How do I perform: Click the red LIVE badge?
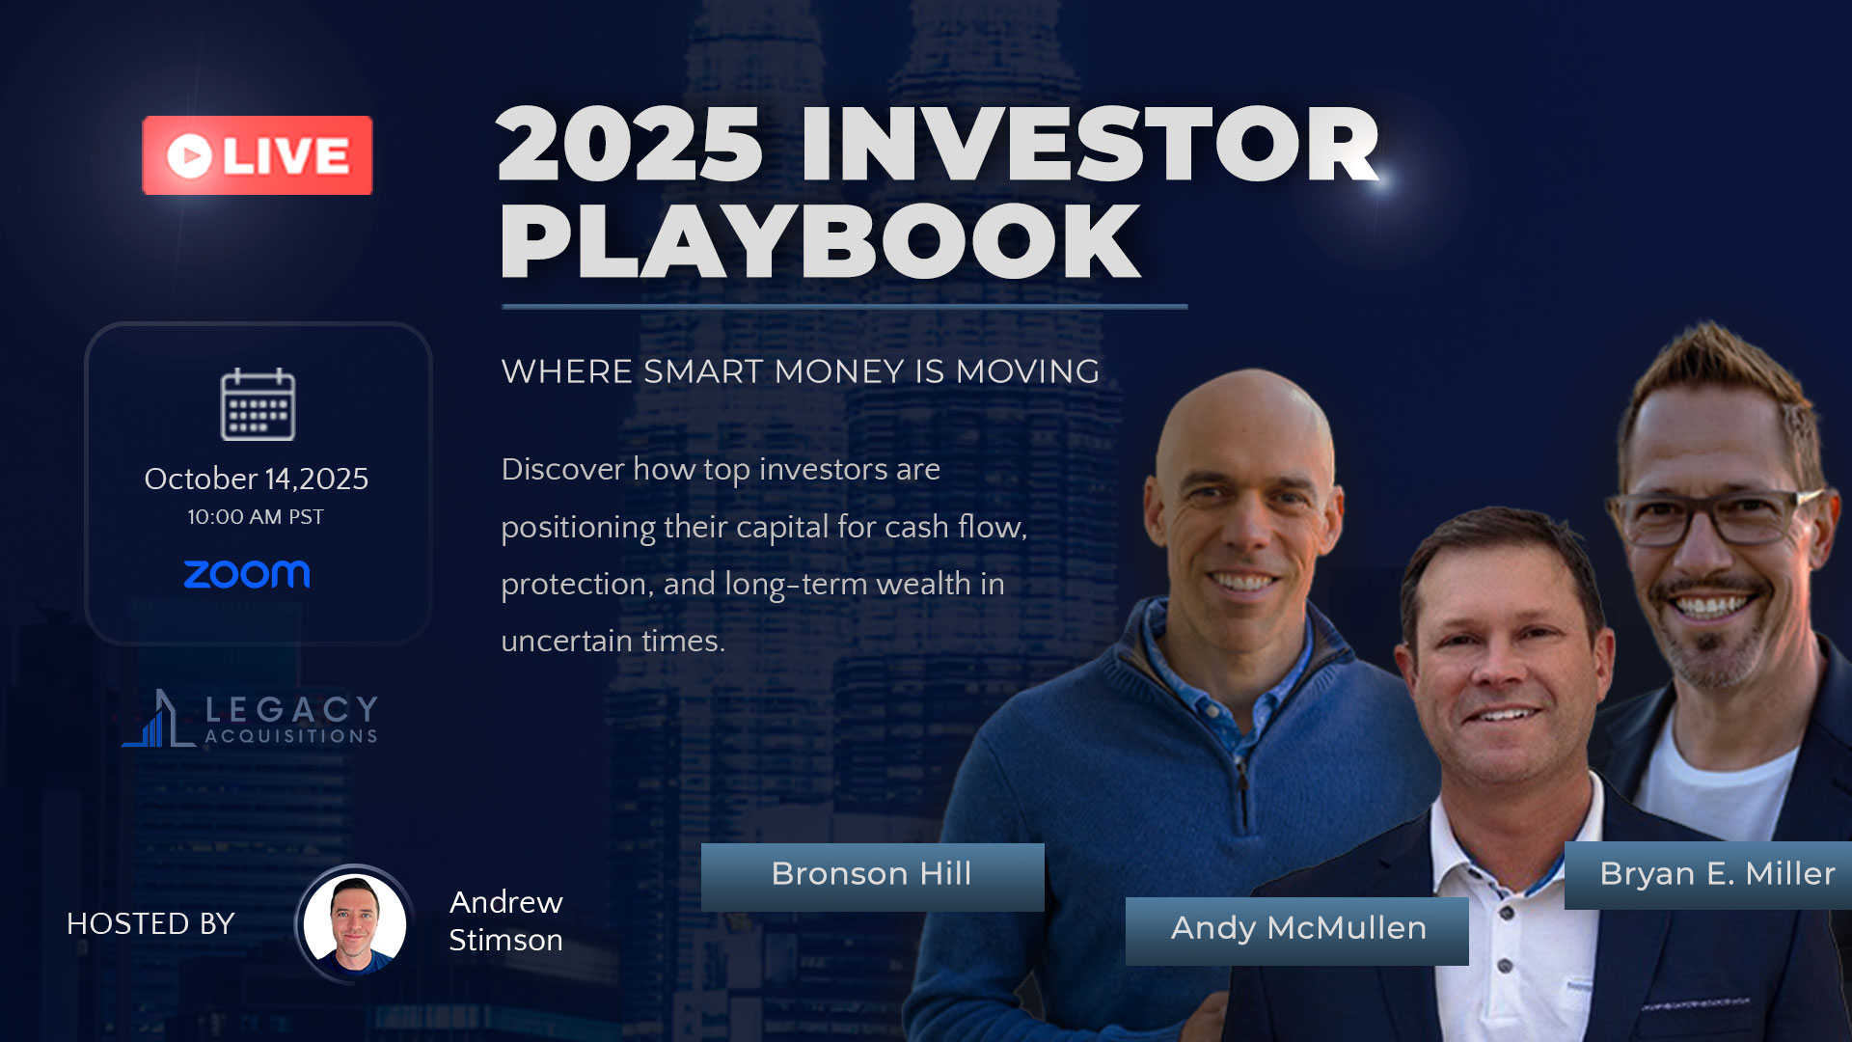258,155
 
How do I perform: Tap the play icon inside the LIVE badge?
189,155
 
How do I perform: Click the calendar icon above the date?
258,404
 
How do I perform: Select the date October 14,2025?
257,479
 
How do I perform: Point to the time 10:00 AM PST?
256,517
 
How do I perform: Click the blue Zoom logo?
247,574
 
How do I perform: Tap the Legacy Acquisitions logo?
250,719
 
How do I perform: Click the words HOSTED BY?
150,924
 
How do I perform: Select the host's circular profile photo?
355,923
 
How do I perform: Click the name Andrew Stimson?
506,920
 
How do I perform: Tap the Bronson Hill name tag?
872,877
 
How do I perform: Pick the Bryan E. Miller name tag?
1708,875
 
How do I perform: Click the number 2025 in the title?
630,145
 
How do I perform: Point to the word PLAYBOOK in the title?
820,241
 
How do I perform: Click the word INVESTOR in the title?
1090,145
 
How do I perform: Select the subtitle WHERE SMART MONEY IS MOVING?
801,371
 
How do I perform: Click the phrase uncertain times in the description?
613,641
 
